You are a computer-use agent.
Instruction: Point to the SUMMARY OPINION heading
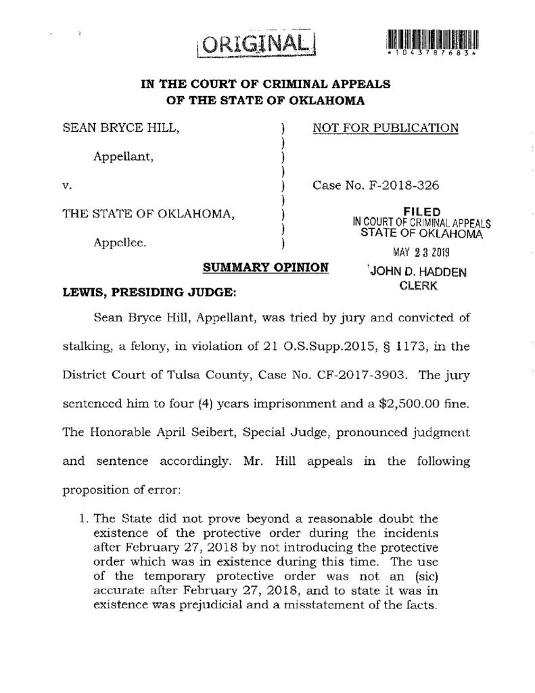pos(266,268)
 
